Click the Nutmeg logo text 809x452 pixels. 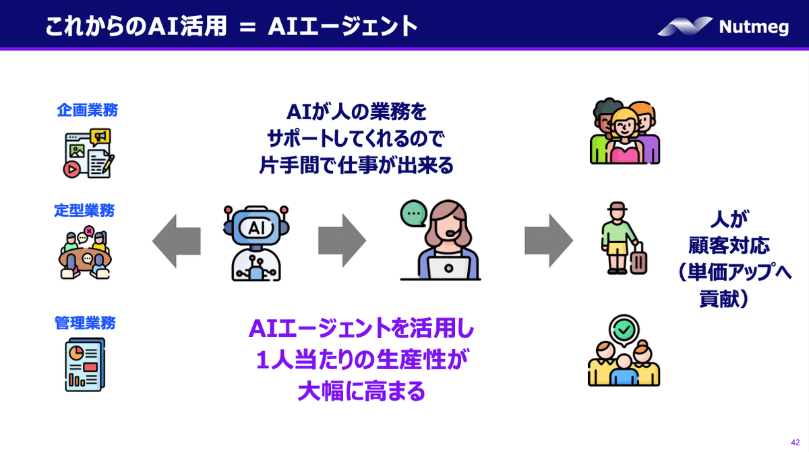tap(753, 27)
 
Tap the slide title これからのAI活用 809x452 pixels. tap(131, 26)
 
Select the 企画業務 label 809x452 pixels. tap(87, 110)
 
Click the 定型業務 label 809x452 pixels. tap(84, 211)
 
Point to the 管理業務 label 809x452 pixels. tap(85, 323)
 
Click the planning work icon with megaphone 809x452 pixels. tap(88, 152)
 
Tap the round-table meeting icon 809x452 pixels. tap(86, 253)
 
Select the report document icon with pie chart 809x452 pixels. tap(85, 364)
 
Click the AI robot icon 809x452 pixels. tap(256, 242)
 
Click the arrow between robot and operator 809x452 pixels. tap(342, 241)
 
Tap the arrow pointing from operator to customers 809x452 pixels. tap(549, 241)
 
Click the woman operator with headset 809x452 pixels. tap(442, 243)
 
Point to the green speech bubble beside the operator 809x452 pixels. tap(412, 214)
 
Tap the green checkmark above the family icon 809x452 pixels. tap(623, 329)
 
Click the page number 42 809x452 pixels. tap(795, 441)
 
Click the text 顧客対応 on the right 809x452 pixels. tap(720, 245)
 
